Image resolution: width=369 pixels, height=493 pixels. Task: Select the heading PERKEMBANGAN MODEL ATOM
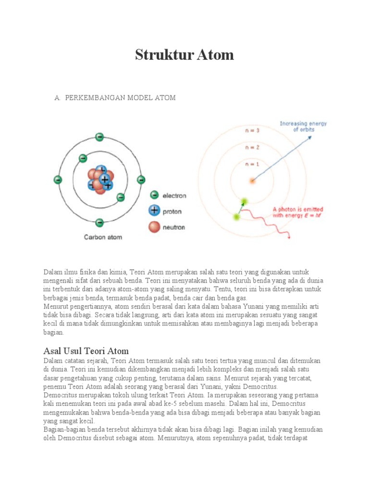[120, 98]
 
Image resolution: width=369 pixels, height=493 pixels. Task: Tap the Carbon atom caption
[103, 237]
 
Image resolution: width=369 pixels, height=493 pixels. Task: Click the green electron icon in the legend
[154, 195]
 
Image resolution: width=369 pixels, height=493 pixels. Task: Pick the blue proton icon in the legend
[154, 210]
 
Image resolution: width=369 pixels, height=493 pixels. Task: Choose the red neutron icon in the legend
[154, 227]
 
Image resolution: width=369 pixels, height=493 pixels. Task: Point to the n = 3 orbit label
[252, 130]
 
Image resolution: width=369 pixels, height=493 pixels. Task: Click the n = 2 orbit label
[252, 147]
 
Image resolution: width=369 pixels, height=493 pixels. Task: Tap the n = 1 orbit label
[252, 164]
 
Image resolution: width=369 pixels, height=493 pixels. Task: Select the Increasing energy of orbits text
[303, 127]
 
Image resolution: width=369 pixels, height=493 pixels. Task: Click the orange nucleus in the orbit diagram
[252, 181]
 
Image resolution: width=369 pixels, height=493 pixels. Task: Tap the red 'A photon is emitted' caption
[298, 212]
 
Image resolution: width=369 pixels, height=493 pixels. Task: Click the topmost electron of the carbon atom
[99, 137]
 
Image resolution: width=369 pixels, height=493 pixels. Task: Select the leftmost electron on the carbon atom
[58, 180]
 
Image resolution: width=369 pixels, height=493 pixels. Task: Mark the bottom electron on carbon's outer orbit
[99, 222]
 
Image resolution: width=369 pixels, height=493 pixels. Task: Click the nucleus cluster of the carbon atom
[100, 180]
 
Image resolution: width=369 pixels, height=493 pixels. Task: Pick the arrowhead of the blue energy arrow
[309, 137]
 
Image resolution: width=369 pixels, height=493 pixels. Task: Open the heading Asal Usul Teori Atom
[86, 350]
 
